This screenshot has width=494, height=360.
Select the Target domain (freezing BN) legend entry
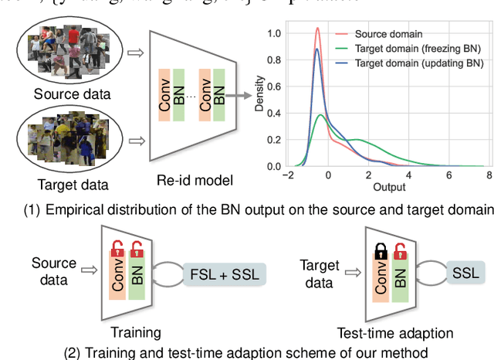416,48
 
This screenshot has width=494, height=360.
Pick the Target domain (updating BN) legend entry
416,63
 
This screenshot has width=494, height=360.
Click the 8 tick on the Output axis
489,176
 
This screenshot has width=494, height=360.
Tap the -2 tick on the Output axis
288,176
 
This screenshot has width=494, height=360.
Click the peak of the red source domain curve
317,29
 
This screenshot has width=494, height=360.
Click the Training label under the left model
136,333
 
